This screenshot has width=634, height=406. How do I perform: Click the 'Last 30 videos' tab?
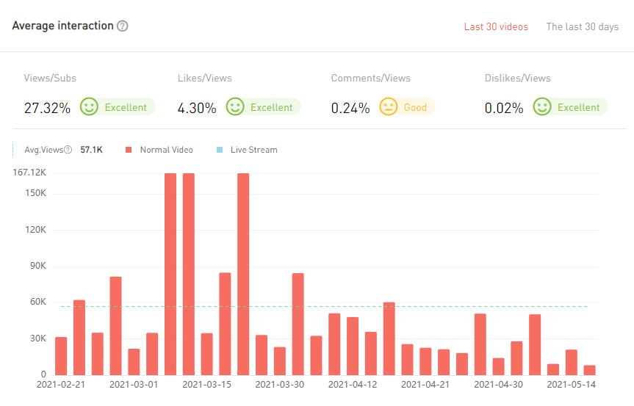click(496, 26)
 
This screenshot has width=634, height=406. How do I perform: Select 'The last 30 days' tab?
click(582, 26)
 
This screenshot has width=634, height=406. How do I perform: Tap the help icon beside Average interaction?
click(123, 26)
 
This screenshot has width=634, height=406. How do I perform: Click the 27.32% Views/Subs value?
click(47, 108)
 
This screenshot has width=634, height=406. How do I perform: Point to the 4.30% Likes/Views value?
click(197, 108)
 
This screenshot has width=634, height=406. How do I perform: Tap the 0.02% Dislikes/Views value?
click(504, 108)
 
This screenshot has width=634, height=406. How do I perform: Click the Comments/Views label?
click(370, 78)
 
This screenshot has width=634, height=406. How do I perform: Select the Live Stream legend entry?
click(253, 150)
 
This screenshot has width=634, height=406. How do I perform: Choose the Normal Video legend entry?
click(166, 150)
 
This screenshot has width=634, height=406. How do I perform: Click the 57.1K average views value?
click(91, 150)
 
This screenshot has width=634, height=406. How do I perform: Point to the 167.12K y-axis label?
click(30, 173)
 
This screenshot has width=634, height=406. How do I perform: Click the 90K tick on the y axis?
click(36, 266)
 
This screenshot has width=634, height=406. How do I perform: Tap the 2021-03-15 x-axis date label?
click(207, 384)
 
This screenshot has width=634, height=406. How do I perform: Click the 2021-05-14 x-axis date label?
click(571, 384)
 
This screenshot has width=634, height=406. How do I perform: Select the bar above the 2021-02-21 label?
click(61, 355)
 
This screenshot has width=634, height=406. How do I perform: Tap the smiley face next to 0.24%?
click(388, 107)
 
